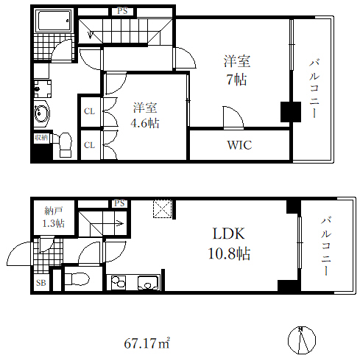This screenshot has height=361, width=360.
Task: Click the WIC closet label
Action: (239, 145)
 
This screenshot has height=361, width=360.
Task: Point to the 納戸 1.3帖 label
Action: (54, 217)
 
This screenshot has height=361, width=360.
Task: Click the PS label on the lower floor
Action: (119, 203)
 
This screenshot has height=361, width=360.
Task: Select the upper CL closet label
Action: (89, 111)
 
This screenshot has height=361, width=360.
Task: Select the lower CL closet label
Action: (89, 144)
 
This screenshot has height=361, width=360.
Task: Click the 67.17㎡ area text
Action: (147, 343)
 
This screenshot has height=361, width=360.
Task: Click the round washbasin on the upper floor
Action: (41, 114)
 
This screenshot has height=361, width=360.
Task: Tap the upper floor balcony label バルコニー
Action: (313, 88)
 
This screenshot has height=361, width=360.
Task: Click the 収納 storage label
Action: (40, 137)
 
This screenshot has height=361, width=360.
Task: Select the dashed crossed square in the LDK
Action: (162, 208)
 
